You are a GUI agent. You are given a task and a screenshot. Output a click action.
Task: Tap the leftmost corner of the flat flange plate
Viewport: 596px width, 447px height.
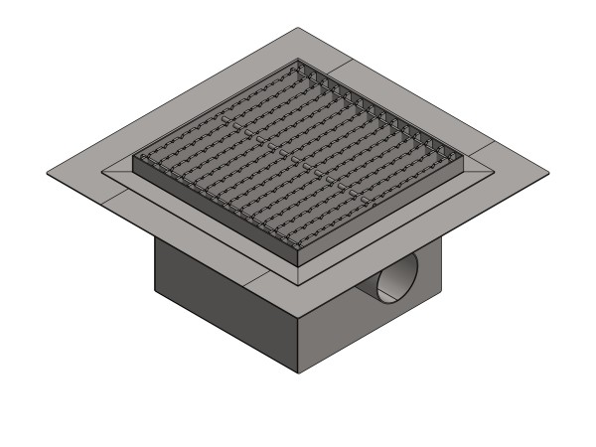pyautogui.click(x=48, y=177)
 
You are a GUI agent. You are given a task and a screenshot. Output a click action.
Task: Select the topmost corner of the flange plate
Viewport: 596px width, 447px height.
pyautogui.click(x=297, y=28)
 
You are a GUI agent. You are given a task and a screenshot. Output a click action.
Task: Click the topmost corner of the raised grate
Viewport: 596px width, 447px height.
pyautogui.click(x=297, y=62)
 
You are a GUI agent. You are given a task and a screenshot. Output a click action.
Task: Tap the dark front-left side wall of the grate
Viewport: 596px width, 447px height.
pyautogui.click(x=214, y=214)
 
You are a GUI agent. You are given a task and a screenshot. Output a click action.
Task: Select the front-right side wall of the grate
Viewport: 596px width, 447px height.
pyautogui.click(x=382, y=214)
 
